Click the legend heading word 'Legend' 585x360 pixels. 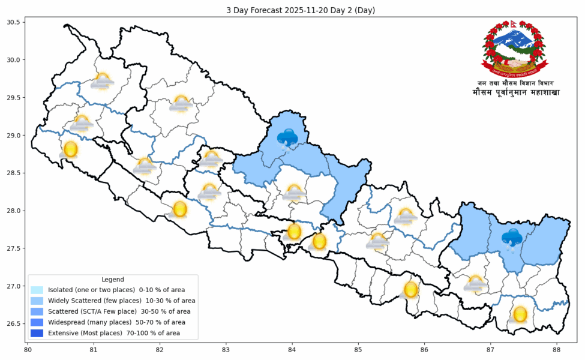pyautogui.click(x=112, y=280)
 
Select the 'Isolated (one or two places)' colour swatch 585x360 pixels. pyautogui.click(x=37, y=290)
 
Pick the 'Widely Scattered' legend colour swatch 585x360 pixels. pyautogui.click(x=37, y=301)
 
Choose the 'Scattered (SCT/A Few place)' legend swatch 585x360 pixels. pyautogui.click(x=37, y=311)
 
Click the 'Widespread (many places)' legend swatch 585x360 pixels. pyautogui.click(x=37, y=322)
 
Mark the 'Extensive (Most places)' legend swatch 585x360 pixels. pyautogui.click(x=37, y=333)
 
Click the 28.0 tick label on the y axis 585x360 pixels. pyautogui.click(x=13, y=211)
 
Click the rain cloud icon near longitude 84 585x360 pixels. pyautogui.click(x=287, y=139)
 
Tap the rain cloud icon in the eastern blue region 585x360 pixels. pyautogui.click(x=512, y=238)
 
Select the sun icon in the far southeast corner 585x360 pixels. pyautogui.click(x=520, y=314)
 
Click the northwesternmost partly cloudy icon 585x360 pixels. pyautogui.click(x=103, y=81)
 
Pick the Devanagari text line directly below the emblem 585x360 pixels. pyautogui.click(x=515, y=83)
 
